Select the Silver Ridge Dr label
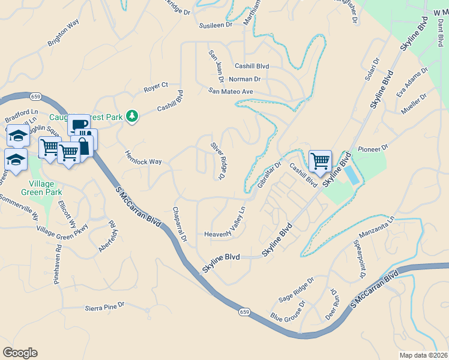coord(217,161)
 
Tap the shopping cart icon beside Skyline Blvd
coord(320,161)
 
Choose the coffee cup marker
coord(78,125)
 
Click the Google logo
coord(20,352)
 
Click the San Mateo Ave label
coord(231,91)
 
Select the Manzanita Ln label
coord(376,227)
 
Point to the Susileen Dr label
coord(215,26)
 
